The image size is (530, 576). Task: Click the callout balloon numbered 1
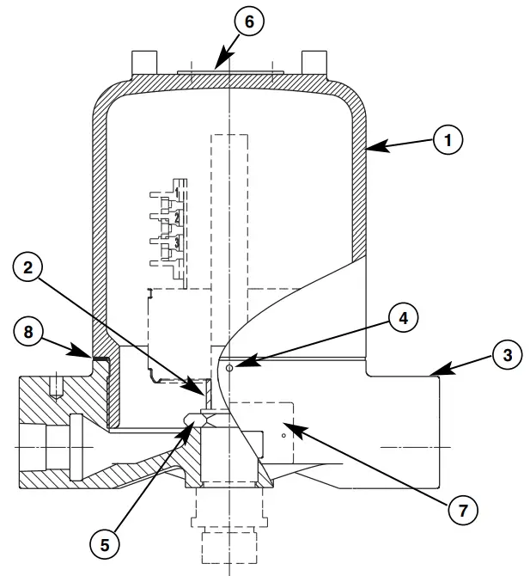pyautogui.click(x=447, y=140)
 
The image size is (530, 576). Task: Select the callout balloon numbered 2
pyautogui.click(x=28, y=269)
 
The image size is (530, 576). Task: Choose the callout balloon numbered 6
pyautogui.click(x=249, y=21)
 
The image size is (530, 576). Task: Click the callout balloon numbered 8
pyautogui.click(x=29, y=332)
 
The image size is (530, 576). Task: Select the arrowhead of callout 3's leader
pyautogui.click(x=431, y=374)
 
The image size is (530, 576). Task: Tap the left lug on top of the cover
pyautogui.click(x=144, y=63)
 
